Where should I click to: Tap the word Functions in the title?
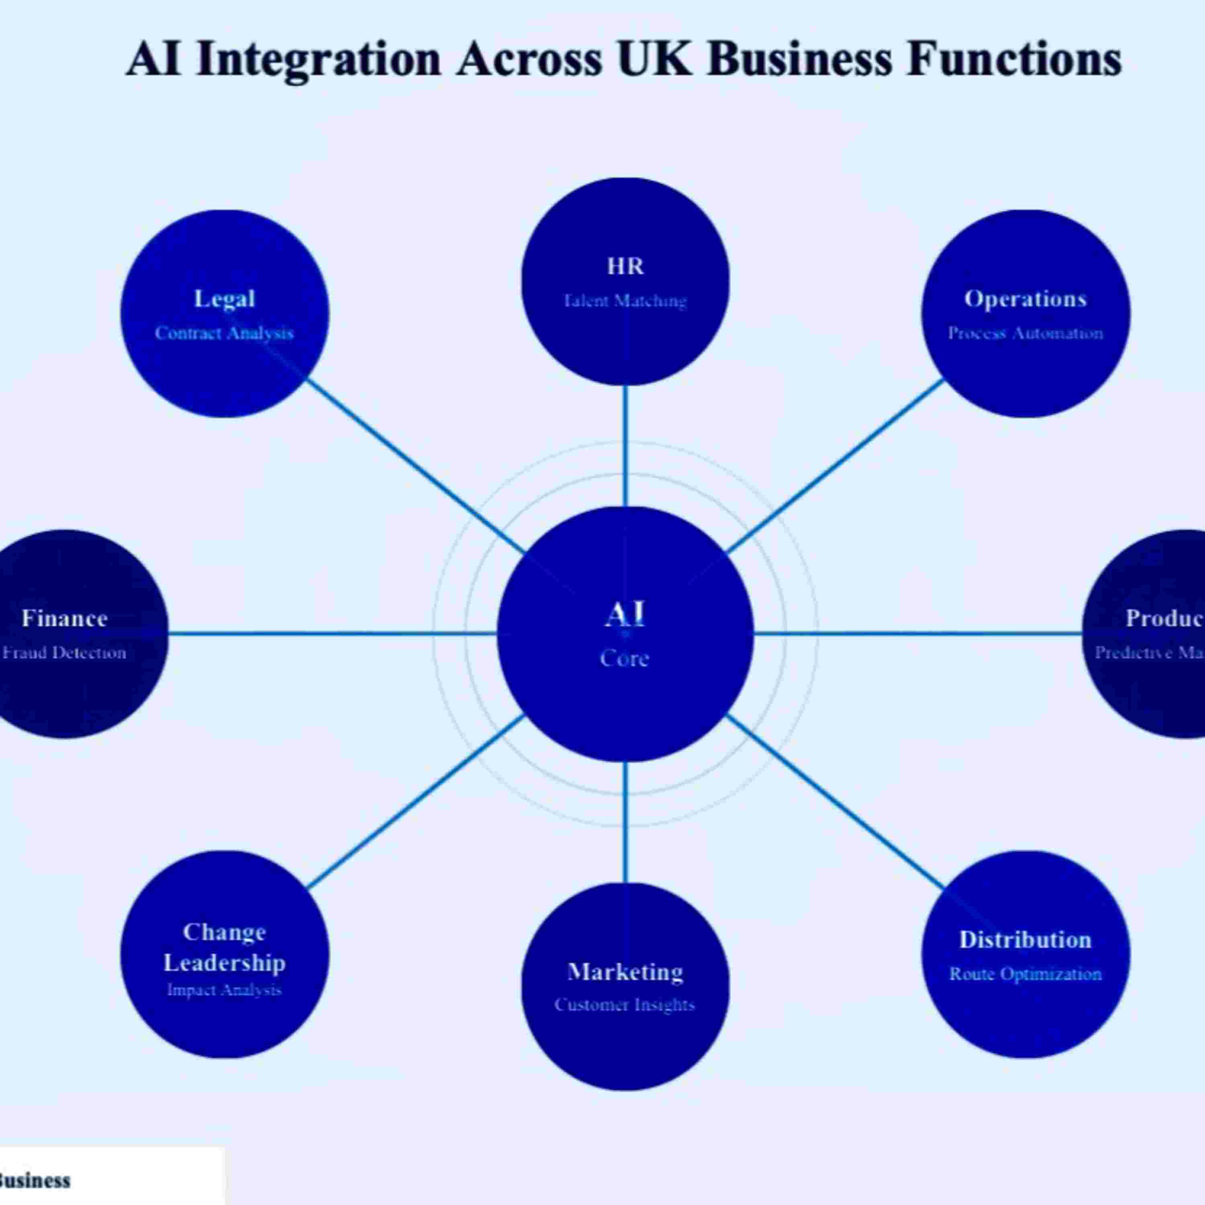[x=1013, y=59]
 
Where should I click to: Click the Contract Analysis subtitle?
[x=225, y=333]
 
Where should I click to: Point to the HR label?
[x=625, y=266]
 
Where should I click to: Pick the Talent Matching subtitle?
[x=625, y=301]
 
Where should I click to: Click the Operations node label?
[x=1025, y=299]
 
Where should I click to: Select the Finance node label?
[x=65, y=618]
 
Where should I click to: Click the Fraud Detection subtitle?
[x=65, y=652]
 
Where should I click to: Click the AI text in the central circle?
[x=625, y=615]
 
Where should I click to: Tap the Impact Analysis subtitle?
[x=225, y=990]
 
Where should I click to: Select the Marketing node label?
[x=625, y=972]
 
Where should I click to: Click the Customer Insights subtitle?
[x=625, y=1005]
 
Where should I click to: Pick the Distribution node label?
[x=1025, y=940]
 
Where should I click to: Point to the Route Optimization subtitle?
[x=1025, y=974]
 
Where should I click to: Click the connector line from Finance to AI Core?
[x=331, y=634]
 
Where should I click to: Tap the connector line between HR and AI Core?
[x=625, y=446]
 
